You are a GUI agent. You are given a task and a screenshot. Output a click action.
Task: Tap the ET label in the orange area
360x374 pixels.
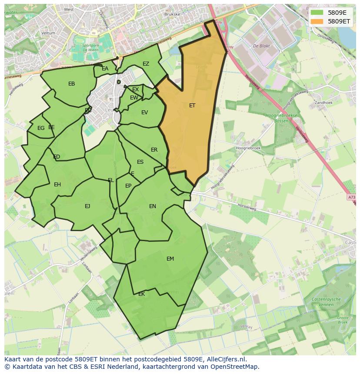192,106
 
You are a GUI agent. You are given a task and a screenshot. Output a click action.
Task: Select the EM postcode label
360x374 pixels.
170,259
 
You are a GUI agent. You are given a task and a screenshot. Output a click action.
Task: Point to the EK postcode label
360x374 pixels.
141,294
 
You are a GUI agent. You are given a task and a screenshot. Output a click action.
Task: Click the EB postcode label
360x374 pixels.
72,84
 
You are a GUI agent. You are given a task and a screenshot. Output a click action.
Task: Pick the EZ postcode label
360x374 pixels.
146,64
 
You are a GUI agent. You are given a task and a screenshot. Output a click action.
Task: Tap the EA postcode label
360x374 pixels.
105,69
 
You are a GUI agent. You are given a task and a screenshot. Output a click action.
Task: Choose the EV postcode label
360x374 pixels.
144,113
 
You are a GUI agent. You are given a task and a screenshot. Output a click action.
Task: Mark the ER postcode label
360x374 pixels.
154,150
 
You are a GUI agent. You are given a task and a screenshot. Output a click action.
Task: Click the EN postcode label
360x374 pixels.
152,206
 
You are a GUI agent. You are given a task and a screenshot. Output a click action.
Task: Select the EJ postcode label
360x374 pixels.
87,206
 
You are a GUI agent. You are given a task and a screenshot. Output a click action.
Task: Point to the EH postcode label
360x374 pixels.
57,185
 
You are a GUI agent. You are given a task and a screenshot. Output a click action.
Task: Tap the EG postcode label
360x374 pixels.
41,128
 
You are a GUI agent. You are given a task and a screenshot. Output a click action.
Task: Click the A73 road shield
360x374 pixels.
351,198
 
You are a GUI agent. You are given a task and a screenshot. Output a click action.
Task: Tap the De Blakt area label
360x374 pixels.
261,46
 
